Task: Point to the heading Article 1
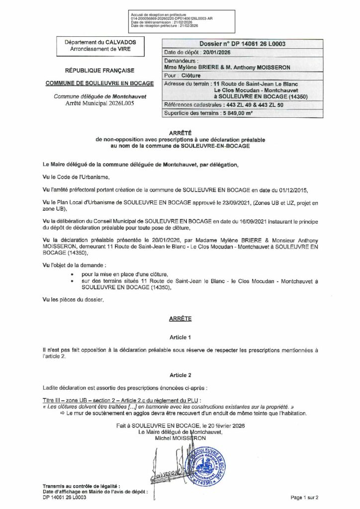click(180, 337)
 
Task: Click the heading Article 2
click(180, 374)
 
